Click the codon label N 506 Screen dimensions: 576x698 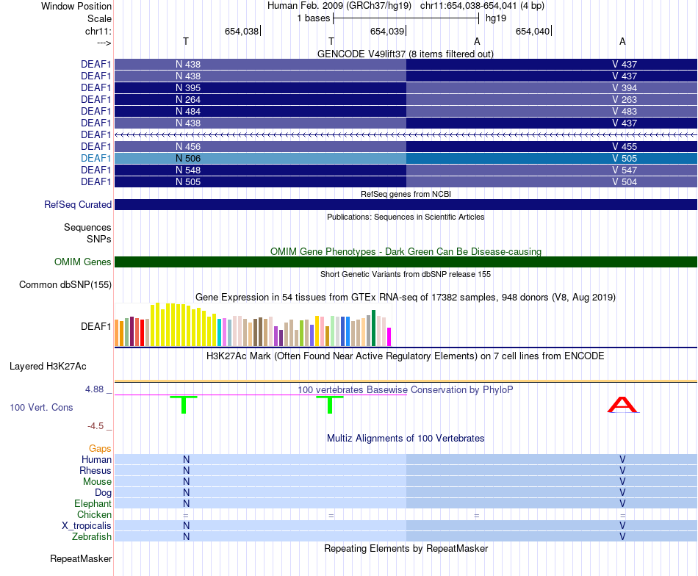(x=188, y=158)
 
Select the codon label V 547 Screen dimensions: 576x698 (x=625, y=170)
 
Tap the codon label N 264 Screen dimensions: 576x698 (x=188, y=99)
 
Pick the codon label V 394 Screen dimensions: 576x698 (x=625, y=87)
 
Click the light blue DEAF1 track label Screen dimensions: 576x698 (x=96, y=158)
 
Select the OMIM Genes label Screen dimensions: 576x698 (x=83, y=262)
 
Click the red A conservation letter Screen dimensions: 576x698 (x=623, y=405)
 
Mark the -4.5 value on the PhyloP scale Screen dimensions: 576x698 (x=96, y=425)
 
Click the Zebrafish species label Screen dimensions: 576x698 (x=91, y=537)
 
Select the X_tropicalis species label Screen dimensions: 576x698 (x=87, y=526)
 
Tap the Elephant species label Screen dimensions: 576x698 (x=93, y=504)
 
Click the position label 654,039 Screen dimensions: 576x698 (x=387, y=31)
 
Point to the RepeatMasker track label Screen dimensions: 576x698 (x=81, y=559)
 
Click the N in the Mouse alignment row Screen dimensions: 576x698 (x=187, y=481)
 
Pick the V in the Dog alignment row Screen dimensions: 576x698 (x=622, y=492)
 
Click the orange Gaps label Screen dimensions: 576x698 (x=100, y=448)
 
